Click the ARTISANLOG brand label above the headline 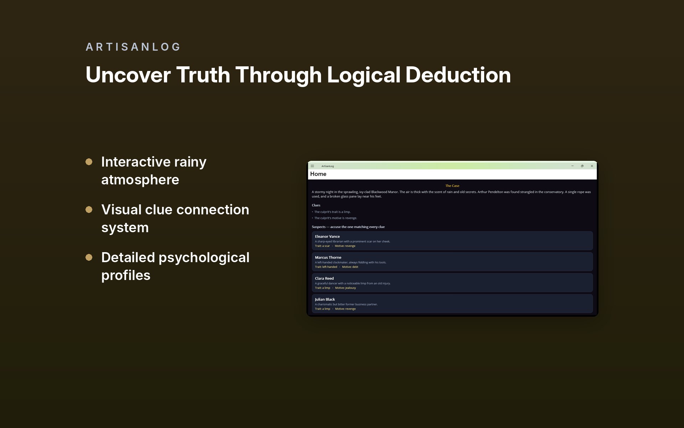(x=133, y=47)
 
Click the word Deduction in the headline (x=458, y=75)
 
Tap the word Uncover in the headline (x=128, y=75)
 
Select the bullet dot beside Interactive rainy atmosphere (x=89, y=162)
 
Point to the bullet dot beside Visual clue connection (x=89, y=210)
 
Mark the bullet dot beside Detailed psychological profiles (x=89, y=258)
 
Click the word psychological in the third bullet (x=204, y=258)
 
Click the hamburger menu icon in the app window (x=312, y=166)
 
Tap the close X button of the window (x=592, y=166)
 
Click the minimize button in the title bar (x=572, y=166)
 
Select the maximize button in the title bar (x=582, y=166)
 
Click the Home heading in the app (x=318, y=174)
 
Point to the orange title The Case (x=452, y=186)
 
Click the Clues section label (x=316, y=205)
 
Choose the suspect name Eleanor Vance (x=327, y=236)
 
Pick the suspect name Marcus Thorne (x=328, y=258)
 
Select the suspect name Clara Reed (x=324, y=279)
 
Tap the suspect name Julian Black (x=325, y=300)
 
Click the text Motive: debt (x=350, y=267)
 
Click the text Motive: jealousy (x=346, y=288)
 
